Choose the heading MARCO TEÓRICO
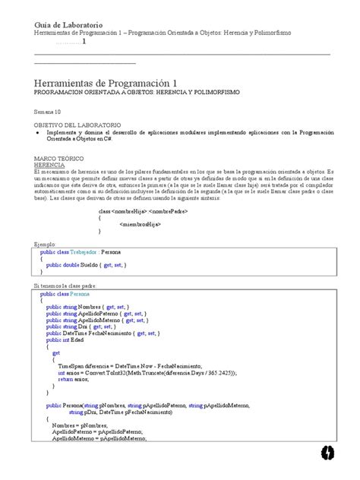pos(59,156)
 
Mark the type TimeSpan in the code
pos(71,365)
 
